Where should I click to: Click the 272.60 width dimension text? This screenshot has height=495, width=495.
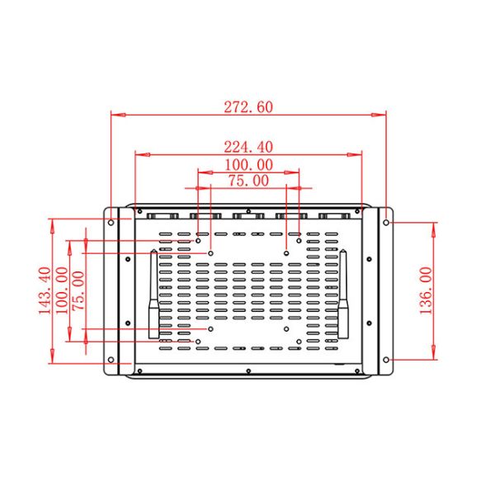[x=248, y=106]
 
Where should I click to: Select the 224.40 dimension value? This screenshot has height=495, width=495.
[x=248, y=146]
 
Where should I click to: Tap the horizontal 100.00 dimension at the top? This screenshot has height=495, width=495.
[x=248, y=165]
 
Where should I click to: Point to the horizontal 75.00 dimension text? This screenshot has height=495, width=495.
[x=248, y=180]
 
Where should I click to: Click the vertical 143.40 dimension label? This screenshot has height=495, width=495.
[x=44, y=290]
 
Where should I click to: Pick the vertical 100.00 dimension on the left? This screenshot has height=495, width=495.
[x=62, y=290]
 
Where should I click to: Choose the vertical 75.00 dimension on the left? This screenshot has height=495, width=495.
[x=78, y=290]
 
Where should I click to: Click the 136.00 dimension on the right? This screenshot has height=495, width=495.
[x=427, y=290]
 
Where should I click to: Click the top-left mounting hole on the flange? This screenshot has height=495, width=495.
[x=111, y=221]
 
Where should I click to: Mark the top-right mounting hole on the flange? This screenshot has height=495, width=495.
[x=387, y=221]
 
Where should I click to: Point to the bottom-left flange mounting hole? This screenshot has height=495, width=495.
[x=111, y=360]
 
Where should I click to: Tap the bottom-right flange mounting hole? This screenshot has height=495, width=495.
[x=387, y=360]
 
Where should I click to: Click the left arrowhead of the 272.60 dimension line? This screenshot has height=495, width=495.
[x=115, y=115]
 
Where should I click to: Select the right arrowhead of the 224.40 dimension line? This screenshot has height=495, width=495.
[x=357, y=153]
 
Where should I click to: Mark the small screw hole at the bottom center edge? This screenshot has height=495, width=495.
[x=248, y=372]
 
